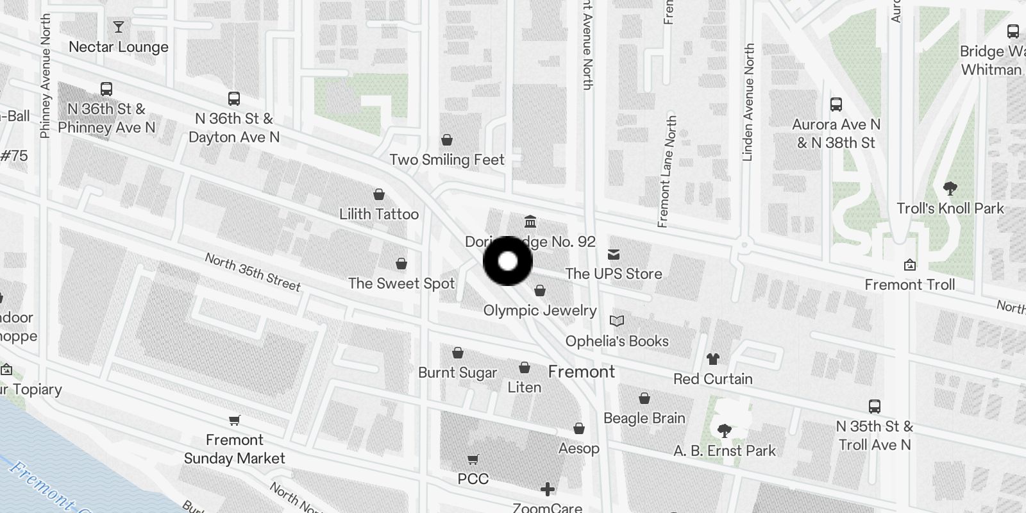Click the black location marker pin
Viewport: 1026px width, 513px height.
508,261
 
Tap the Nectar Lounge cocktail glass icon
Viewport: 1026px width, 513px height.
119,27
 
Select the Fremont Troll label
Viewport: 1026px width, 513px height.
909,285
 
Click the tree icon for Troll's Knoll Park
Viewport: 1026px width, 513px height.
950,189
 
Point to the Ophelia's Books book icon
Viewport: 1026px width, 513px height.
617,321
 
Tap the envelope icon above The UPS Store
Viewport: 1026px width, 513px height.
614,255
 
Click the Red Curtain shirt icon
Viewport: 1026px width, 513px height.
712,359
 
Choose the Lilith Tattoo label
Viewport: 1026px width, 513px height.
379,214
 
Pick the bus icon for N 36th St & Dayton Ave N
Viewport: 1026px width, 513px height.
234,99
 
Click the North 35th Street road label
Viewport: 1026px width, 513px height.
253,272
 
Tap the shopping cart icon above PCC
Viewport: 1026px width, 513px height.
473,459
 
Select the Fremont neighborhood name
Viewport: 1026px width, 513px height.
582,372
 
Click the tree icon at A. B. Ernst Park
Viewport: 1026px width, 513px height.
725,431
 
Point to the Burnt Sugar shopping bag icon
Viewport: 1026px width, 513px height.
458,353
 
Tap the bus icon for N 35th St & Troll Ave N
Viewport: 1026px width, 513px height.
875,406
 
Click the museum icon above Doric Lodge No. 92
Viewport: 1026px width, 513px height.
530,222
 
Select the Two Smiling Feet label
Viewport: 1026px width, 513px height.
447,160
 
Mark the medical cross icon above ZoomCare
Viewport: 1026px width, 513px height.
547,490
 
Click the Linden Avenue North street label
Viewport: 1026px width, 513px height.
748,103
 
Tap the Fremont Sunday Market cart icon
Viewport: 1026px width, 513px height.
234,421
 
